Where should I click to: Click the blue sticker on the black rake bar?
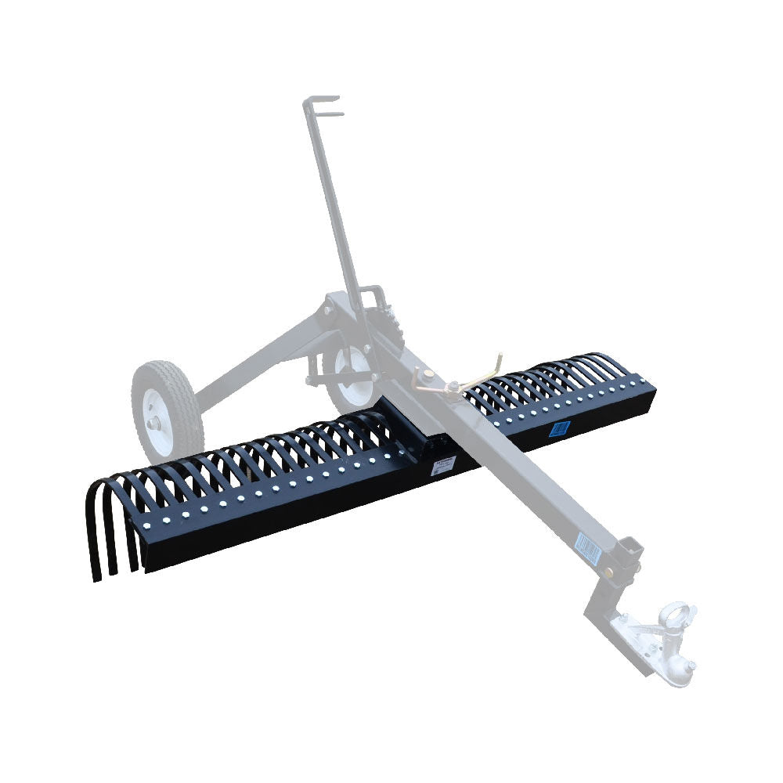(x=559, y=428)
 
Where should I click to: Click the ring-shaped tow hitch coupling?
(x=678, y=615)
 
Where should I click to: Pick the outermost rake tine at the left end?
(x=94, y=540)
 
